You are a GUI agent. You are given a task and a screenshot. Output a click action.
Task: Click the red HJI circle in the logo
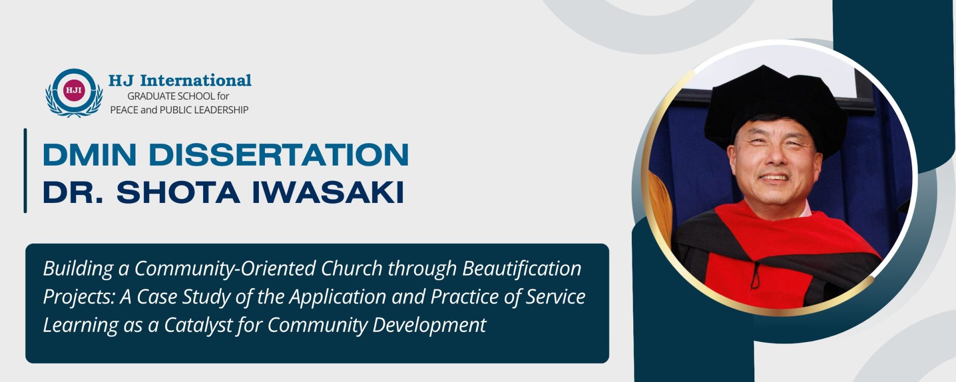pos(74,90)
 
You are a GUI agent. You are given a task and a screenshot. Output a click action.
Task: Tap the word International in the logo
pos(196,80)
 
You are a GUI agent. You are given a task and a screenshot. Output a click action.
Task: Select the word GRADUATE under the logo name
pos(151,96)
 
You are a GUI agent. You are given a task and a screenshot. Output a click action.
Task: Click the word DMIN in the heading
pos(90,155)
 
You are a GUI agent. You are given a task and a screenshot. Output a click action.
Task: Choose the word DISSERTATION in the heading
pos(279,155)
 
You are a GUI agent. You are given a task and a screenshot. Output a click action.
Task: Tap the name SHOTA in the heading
pos(178,192)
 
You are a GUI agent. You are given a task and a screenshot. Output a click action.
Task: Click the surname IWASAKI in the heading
pos(328,192)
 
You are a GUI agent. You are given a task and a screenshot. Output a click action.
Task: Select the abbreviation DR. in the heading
pos(73,192)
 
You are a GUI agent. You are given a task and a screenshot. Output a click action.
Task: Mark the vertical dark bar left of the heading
pos(25,171)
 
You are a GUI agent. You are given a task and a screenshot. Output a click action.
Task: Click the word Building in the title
pos(78,269)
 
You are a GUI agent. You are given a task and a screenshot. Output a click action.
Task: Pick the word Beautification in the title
pos(522,269)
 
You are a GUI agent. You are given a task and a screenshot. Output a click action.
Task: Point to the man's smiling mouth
pos(774,178)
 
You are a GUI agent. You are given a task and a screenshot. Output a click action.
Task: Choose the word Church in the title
pos(352,269)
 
